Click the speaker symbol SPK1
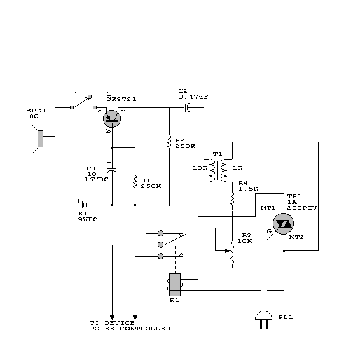pos(38,139)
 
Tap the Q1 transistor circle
pos(112,119)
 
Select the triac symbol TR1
pos(283,224)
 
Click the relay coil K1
pos(175,285)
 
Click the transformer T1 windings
pos(218,170)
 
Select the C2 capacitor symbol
pos(187,107)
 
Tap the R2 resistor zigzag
pos(169,142)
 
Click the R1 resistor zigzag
pos(135,182)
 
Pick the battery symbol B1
pos(84,205)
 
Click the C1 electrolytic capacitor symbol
pos(112,170)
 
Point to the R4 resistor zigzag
pos(232,200)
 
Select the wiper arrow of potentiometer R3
pos(227,250)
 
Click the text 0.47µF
pos(193,97)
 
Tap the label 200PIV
pos(302,208)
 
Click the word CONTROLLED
pos(145,329)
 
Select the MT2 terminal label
pos(296,237)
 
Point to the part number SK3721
pos(121,99)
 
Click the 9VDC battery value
pos(88,219)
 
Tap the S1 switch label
pos(77,93)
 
